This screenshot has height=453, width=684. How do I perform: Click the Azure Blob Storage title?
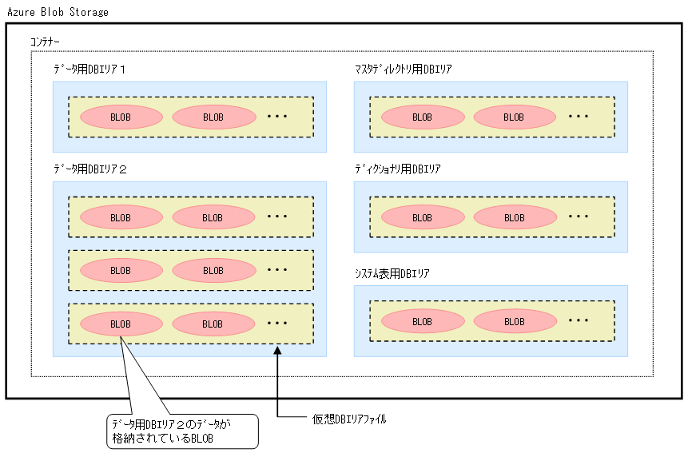[x=58, y=13]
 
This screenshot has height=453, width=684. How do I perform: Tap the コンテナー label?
[x=45, y=41]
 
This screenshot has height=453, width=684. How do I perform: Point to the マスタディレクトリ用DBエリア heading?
[x=404, y=70]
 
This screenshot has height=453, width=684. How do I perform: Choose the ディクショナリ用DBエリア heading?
[x=397, y=169]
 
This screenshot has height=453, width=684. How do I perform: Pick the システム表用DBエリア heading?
[x=392, y=274]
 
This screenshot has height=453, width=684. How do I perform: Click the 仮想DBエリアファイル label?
[x=349, y=419]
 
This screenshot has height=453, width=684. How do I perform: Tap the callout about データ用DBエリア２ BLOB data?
[x=182, y=431]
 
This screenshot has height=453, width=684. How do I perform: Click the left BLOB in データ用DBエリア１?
[x=121, y=117]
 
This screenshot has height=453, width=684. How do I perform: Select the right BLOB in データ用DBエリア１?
[x=213, y=117]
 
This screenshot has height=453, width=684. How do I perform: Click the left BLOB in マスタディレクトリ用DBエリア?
[x=422, y=117]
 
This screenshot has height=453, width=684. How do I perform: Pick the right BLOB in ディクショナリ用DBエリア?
[x=514, y=217]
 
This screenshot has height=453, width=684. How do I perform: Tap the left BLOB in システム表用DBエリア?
[x=422, y=321]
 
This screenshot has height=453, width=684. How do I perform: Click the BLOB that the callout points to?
[x=121, y=324]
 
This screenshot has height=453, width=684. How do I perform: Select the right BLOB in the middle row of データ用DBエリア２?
[x=213, y=270]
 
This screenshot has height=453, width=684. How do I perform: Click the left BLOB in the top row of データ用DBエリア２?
[x=121, y=217]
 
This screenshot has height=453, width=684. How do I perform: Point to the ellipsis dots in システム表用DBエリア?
[x=579, y=320]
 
